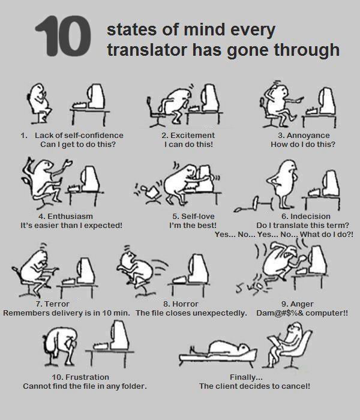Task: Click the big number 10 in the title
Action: click(x=63, y=36)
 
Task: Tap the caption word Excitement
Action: click(x=193, y=135)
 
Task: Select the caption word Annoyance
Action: click(x=308, y=135)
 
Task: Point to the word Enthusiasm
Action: click(x=70, y=216)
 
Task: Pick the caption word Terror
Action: click(x=57, y=304)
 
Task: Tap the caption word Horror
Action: click(x=185, y=304)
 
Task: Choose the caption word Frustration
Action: click(x=87, y=377)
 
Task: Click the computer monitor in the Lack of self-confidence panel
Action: click(x=96, y=96)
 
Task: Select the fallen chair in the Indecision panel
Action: click(x=253, y=205)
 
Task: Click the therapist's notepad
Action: click(x=275, y=341)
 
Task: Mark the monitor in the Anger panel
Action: click(x=318, y=259)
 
